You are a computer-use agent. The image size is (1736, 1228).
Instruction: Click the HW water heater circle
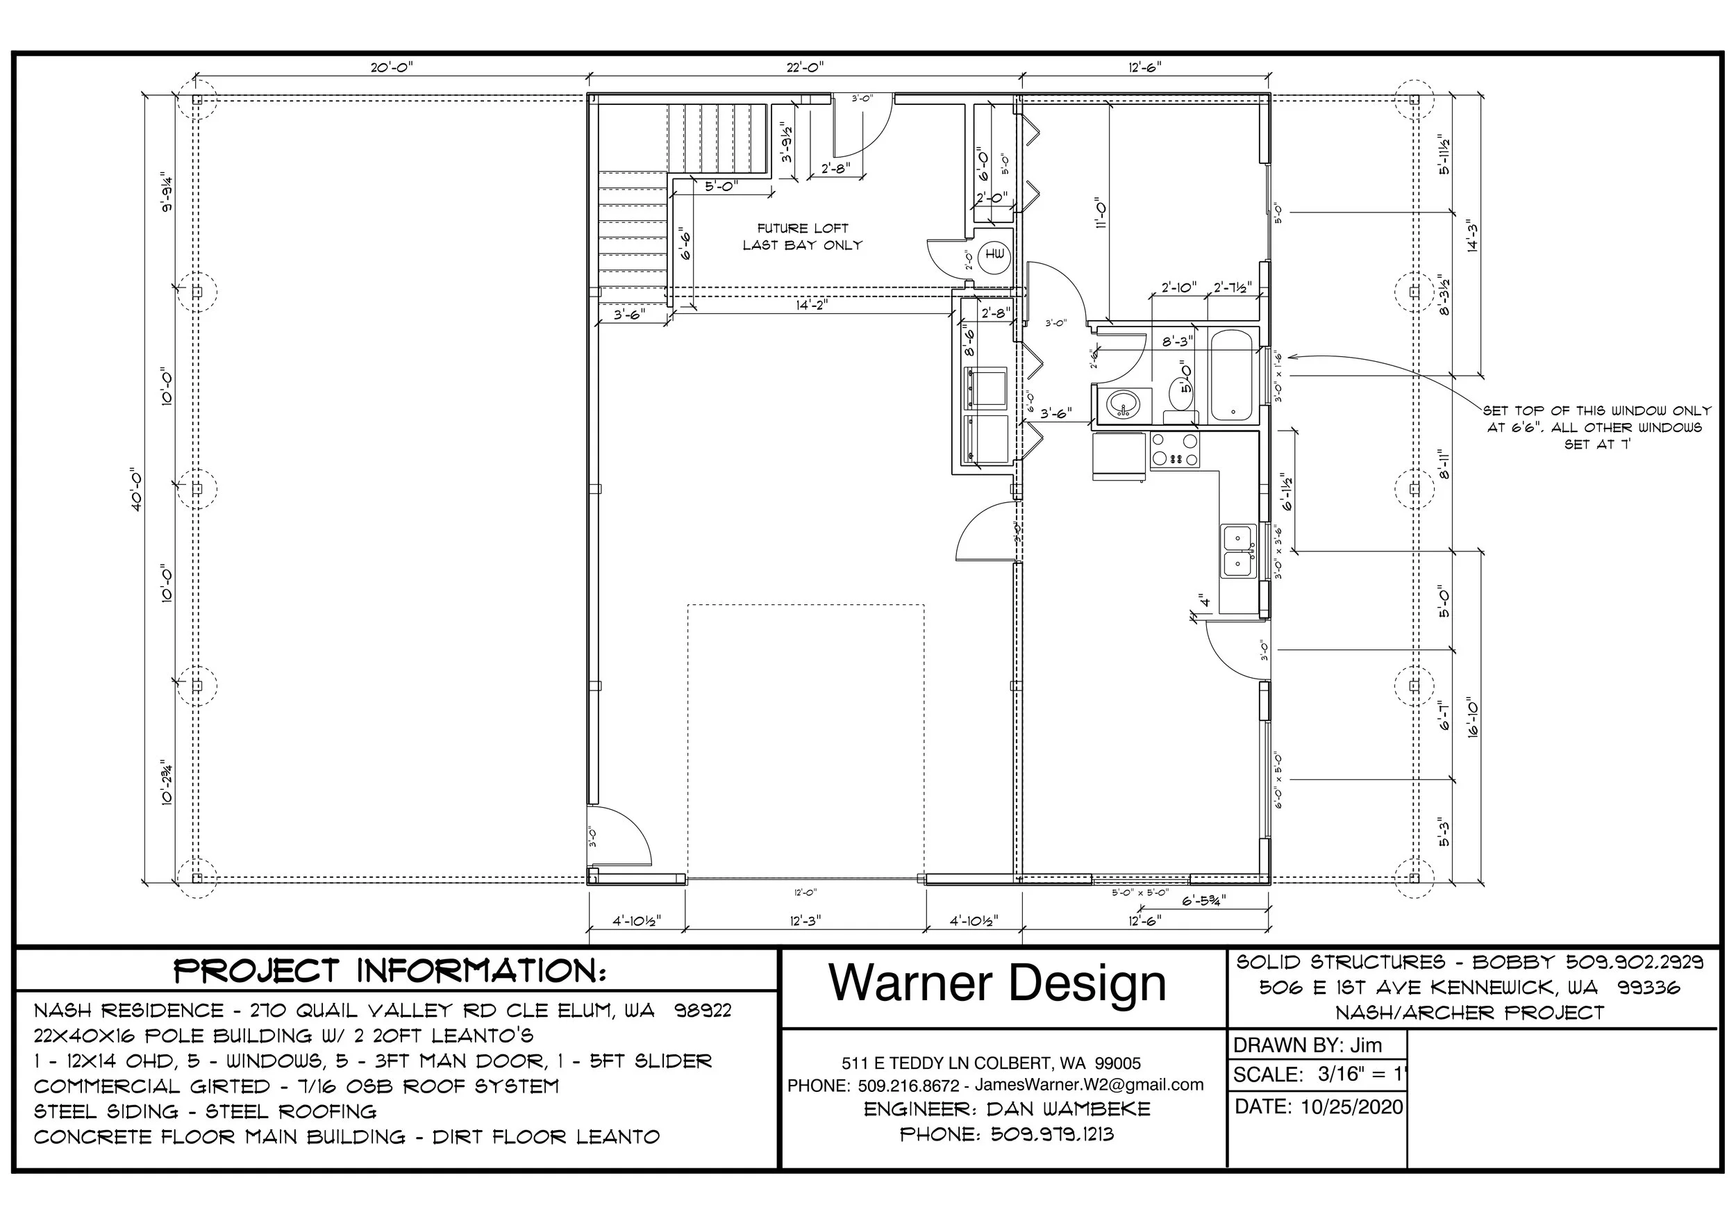click(995, 256)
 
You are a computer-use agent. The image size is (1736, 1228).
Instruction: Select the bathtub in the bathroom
click(1232, 376)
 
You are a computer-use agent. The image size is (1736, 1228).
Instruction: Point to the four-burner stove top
click(1174, 449)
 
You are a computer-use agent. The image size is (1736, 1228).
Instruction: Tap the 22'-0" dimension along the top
click(805, 67)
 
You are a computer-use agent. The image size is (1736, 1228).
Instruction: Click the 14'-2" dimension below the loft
click(811, 306)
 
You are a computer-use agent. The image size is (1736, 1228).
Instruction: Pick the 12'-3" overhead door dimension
click(806, 921)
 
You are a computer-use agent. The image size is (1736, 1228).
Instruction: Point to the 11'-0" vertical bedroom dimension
click(1101, 213)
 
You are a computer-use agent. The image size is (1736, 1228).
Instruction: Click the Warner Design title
click(997, 983)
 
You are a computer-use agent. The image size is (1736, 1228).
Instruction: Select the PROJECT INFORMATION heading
click(390, 971)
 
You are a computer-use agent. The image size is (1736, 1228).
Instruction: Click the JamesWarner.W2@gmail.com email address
click(1089, 1084)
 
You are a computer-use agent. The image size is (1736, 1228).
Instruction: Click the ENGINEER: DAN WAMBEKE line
click(1006, 1109)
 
